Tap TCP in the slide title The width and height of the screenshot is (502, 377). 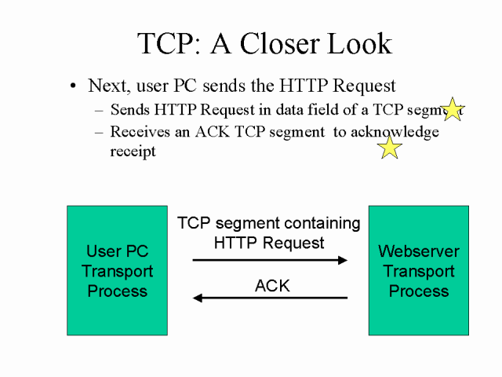(x=165, y=43)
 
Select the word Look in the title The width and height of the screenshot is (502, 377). (x=360, y=43)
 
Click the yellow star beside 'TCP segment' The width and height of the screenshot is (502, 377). (x=453, y=109)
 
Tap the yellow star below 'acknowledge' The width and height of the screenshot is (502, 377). (x=389, y=147)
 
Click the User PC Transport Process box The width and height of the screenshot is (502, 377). (x=117, y=271)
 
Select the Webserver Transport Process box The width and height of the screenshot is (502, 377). (x=419, y=271)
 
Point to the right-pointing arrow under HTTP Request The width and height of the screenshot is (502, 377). (x=270, y=260)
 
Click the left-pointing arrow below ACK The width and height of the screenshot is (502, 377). (x=270, y=298)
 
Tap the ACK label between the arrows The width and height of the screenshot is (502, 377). (x=272, y=286)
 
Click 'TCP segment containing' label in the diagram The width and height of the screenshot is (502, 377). (x=269, y=224)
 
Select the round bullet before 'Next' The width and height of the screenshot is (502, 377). (x=74, y=86)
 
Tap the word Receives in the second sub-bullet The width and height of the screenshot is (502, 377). (x=140, y=132)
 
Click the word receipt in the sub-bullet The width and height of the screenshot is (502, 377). (x=133, y=151)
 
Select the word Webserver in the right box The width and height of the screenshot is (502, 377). (x=419, y=252)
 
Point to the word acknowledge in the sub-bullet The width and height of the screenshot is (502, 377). (x=395, y=132)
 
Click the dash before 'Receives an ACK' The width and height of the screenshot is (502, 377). (x=98, y=132)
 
